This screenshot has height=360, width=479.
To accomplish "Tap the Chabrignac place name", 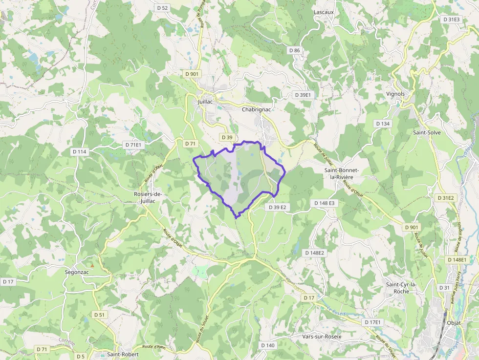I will tap(256, 110).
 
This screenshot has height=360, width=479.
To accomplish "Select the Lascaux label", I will tap(324, 12).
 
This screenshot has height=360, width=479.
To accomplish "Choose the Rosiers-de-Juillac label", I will tap(148, 197).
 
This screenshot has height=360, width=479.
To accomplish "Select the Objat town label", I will tap(454, 323).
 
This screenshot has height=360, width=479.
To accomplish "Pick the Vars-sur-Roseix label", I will tap(322, 337).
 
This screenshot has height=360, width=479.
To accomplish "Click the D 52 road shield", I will tap(163, 8).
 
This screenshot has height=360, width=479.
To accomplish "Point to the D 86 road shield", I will tap(294, 50).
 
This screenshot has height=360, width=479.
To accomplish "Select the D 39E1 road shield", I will tap(303, 95).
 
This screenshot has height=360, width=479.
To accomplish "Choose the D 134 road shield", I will tap(383, 124).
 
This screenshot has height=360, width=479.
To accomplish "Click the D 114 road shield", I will tap(79, 152).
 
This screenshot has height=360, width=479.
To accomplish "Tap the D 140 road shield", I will tap(268, 345).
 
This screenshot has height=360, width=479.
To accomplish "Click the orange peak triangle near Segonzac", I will tap(91, 265).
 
